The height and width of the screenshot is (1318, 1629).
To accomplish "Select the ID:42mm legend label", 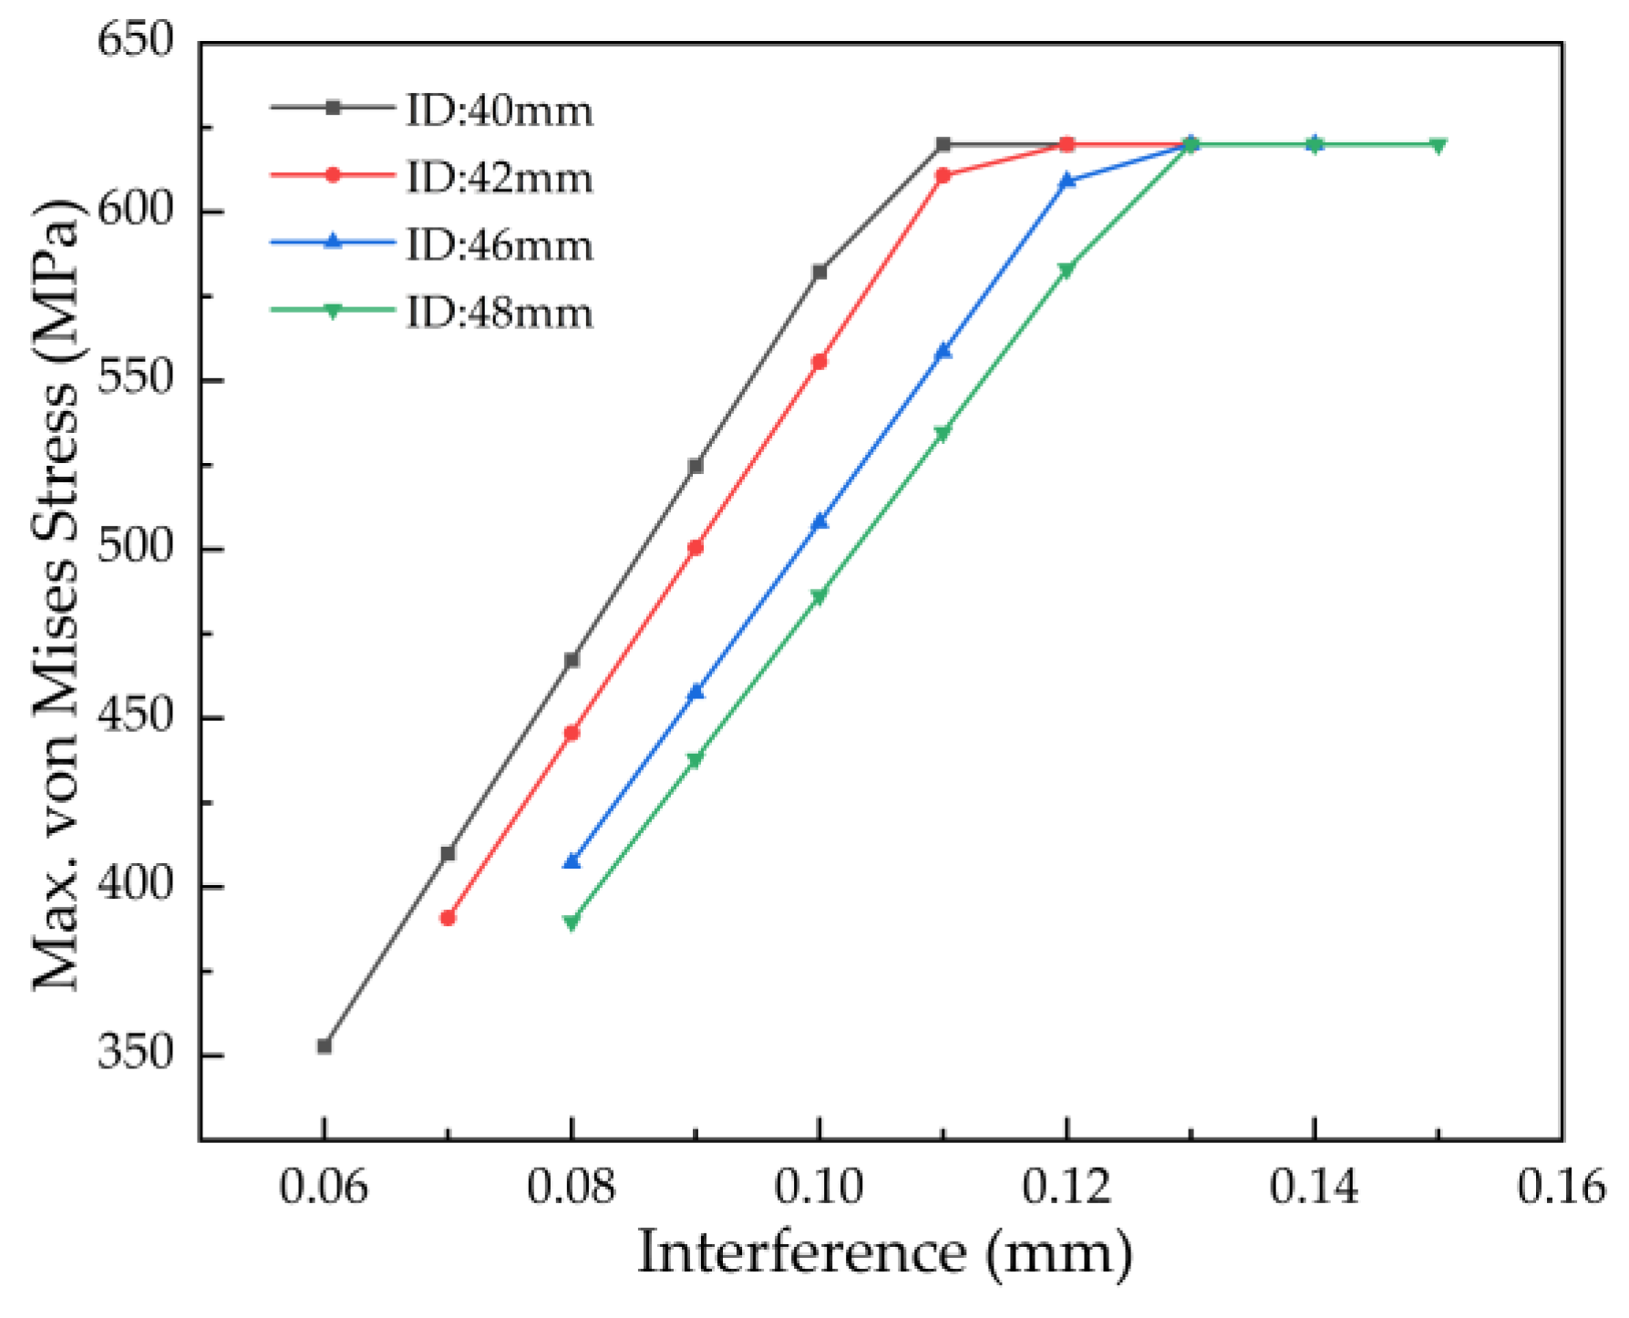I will [x=498, y=177].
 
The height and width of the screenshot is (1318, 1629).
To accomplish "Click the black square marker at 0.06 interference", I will [x=324, y=1045].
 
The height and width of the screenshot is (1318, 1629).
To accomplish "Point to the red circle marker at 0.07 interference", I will [x=448, y=918].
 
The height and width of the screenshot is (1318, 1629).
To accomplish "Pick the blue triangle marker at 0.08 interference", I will [x=572, y=861].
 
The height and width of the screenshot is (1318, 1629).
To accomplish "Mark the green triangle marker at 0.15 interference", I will [x=1438, y=146].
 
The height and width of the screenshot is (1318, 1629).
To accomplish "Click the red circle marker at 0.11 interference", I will [x=943, y=175].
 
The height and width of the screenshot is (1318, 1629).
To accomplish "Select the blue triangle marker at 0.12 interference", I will [x=1067, y=180].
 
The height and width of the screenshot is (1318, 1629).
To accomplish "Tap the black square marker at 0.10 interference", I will [x=820, y=272].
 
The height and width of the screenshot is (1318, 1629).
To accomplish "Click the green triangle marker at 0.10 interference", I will [x=820, y=597].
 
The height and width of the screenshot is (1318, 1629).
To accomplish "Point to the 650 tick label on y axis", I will [x=135, y=41].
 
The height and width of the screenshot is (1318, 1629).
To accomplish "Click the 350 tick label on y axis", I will [x=135, y=1054].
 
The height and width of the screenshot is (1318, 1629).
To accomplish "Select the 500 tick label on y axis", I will [x=135, y=548].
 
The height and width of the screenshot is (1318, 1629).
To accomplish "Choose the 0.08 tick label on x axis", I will [x=572, y=1188].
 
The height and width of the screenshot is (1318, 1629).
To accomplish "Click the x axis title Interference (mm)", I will [x=884, y=1253].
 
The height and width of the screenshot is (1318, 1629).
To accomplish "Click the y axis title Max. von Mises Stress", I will [x=57, y=592].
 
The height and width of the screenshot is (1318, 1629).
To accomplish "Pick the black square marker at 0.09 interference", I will [x=696, y=466].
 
